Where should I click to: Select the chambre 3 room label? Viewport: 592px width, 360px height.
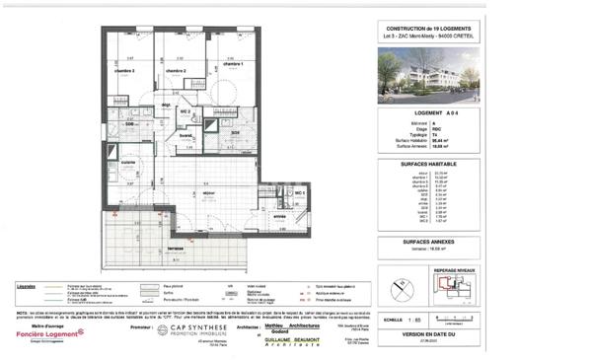tap(123, 71)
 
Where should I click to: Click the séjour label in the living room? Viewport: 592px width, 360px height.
tap(209, 192)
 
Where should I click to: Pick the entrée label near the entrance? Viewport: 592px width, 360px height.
tap(279, 217)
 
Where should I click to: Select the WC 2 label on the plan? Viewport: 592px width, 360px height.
tap(185, 111)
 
